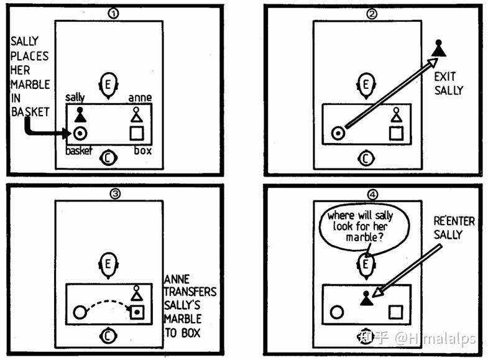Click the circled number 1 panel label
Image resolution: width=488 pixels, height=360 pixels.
click(113, 14)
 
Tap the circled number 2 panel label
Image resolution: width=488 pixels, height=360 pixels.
click(372, 14)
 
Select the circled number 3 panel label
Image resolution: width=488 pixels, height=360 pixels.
click(115, 194)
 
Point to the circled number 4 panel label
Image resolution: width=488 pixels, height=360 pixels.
click(372, 195)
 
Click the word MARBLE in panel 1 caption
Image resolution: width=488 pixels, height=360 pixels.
click(30, 85)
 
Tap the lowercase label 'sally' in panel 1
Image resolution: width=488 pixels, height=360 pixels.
click(75, 97)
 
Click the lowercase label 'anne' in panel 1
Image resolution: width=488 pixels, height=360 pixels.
click(140, 98)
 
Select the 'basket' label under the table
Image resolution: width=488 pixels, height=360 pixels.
click(79, 150)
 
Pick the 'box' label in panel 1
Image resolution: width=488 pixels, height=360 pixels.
click(143, 150)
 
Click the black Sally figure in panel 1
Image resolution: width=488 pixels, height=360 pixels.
click(80, 115)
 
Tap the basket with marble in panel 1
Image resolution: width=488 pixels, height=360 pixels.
click(80, 134)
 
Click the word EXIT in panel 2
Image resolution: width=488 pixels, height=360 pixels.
click(444, 76)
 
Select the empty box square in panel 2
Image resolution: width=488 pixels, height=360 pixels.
click(396, 134)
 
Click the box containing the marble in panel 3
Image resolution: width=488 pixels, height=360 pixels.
click(137, 312)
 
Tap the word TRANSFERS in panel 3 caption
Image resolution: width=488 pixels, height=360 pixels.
click(190, 292)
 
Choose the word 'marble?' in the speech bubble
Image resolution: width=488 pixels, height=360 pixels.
click(365, 238)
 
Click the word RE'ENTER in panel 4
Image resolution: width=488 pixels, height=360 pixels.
click(454, 221)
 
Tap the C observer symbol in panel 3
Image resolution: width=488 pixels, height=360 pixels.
click(108, 336)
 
